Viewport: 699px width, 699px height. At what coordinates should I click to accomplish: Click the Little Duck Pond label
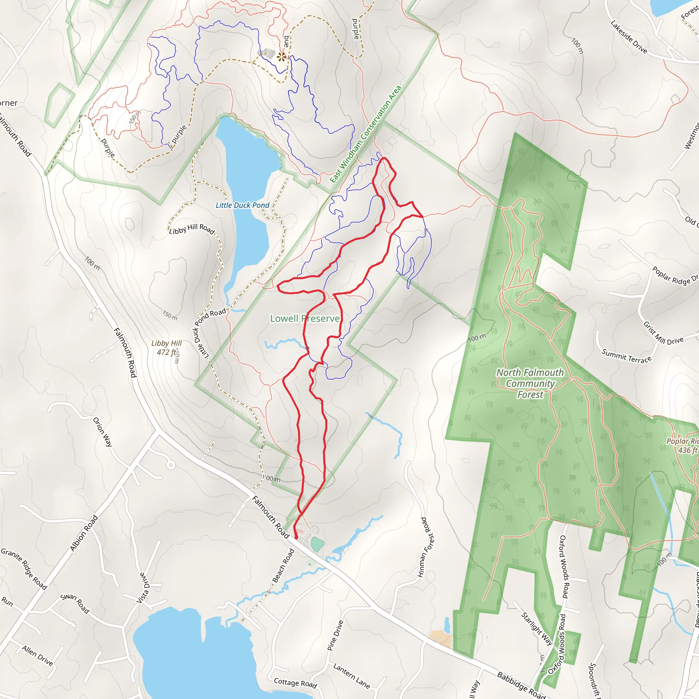pos(242,205)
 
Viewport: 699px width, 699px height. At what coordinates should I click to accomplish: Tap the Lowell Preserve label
pos(305,318)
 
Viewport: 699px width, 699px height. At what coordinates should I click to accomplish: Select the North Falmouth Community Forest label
pos(530,383)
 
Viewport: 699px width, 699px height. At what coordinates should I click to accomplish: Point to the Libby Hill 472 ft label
pos(167,348)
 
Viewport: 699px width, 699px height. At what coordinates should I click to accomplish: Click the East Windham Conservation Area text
pos(366,134)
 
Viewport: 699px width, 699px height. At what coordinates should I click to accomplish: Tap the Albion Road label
pos(84,533)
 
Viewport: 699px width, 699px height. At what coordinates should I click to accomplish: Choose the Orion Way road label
pos(103,432)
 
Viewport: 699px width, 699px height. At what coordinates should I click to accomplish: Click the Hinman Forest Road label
pos(426,547)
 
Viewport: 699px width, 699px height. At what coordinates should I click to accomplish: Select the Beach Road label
pos(283,566)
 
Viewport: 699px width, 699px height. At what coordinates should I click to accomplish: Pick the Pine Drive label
pos(335,635)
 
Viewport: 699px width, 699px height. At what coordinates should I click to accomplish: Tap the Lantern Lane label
pos(351,676)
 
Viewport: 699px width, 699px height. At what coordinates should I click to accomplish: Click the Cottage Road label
pos(295,683)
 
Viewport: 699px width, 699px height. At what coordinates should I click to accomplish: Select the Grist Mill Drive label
pos(663,333)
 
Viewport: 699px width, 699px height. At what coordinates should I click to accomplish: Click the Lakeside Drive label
pos(629,37)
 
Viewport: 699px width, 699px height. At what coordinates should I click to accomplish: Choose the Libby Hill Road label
pos(192,229)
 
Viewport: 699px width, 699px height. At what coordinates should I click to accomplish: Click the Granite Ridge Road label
pos(24,569)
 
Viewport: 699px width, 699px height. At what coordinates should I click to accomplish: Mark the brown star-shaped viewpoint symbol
pos(281,57)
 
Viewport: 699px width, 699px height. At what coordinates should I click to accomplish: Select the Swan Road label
pos(75,603)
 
